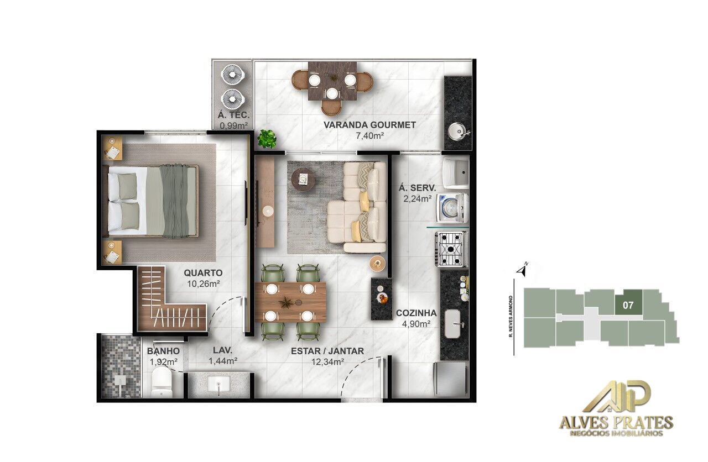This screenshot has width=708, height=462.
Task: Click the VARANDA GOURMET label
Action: pos(369,125)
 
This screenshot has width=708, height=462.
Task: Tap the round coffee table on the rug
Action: pos(304,178)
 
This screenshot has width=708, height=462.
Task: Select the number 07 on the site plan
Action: pos(628,304)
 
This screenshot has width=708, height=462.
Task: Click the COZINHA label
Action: pos(417,313)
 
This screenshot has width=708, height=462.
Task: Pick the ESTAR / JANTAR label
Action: pos(327,351)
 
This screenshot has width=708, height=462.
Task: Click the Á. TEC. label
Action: pos(234,116)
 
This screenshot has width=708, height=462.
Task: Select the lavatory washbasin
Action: pos(220,385)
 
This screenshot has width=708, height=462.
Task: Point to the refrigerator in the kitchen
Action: pos(451,379)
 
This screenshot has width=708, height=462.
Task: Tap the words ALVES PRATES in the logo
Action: pos(616,423)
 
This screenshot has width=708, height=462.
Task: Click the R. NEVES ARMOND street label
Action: pos(512,316)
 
